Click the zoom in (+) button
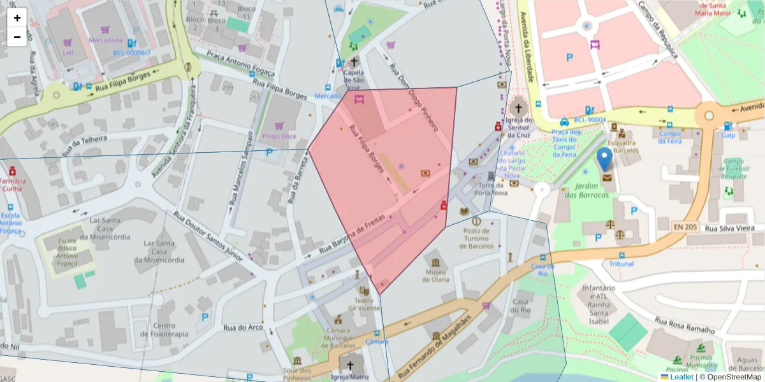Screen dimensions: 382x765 tap(17, 18)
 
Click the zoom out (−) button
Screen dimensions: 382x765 tap(17, 37)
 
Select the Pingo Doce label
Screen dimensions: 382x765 tap(279, 136)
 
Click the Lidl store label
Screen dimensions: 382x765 tap(68, 52)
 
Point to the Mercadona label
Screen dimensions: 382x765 tap(105, 40)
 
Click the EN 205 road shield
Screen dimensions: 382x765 tap(686, 226)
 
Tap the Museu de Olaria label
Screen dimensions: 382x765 tap(436, 275)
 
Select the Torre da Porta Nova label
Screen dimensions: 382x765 tap(491, 188)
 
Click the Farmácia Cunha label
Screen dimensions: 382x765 tap(12, 185)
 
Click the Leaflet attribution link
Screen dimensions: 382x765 tap(681, 377)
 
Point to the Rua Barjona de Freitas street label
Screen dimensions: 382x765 tap(352, 235)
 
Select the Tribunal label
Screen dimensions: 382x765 tap(622, 264)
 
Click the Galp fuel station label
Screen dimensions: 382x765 tap(729, 135)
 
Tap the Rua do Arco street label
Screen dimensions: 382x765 tap(243, 328)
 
